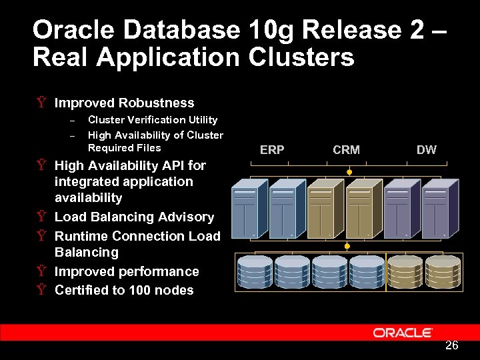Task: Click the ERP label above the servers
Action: pos(272,150)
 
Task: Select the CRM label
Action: pos(346,150)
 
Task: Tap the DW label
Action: pos(426,150)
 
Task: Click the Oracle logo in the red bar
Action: pos(403,332)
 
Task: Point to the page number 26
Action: pos(451,345)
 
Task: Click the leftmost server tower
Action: pos(245,209)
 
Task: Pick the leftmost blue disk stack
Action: pos(255,271)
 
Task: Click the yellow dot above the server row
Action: pos(348,171)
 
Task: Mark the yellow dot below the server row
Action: pos(347,246)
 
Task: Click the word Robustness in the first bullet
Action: pos(156,103)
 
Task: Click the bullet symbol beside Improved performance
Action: pos(41,272)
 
